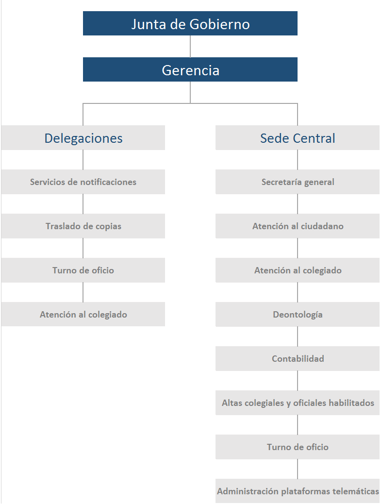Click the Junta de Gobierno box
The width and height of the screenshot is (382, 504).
click(x=190, y=23)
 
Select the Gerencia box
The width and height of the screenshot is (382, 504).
click(x=190, y=69)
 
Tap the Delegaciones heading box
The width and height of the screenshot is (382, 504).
click(x=83, y=137)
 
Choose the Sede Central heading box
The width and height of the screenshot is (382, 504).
click(x=298, y=137)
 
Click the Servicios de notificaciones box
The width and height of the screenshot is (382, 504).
click(x=83, y=182)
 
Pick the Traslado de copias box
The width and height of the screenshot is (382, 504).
click(x=83, y=226)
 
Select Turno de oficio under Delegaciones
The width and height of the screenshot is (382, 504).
click(x=83, y=270)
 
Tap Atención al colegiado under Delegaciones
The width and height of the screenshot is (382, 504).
click(x=83, y=314)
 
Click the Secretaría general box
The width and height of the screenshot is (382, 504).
click(x=298, y=182)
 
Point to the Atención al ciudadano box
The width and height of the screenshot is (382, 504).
click(x=298, y=226)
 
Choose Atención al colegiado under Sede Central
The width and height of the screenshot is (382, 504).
click(x=298, y=270)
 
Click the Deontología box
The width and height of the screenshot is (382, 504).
click(x=298, y=314)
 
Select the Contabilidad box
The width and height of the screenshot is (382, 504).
click(x=298, y=358)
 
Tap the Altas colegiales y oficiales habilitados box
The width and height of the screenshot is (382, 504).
click(x=298, y=403)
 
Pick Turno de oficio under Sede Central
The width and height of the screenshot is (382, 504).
click(x=298, y=447)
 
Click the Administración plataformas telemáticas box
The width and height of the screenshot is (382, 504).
click(x=298, y=491)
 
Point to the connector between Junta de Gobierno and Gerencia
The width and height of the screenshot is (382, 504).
click(x=190, y=46)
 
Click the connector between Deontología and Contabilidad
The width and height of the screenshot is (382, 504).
click(x=298, y=336)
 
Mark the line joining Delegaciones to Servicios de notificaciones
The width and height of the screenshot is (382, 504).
click(x=83, y=160)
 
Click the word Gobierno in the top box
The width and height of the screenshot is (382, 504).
click(x=220, y=24)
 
